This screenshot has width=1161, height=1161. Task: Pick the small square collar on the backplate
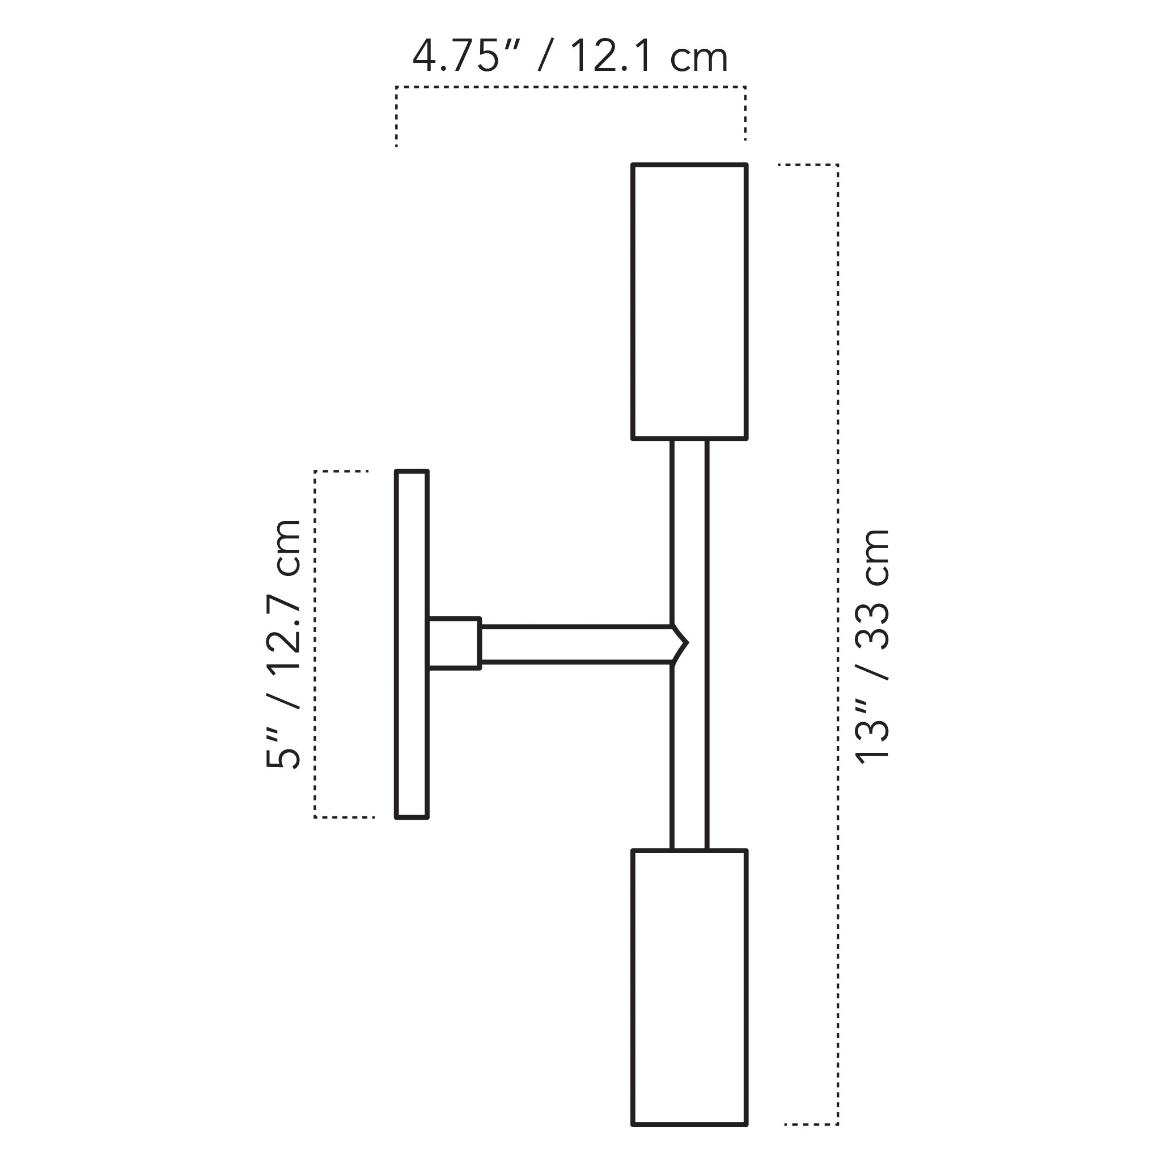[455, 643]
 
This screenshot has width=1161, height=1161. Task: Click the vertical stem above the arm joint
[689, 529]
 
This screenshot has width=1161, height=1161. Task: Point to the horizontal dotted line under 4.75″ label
[571, 87]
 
